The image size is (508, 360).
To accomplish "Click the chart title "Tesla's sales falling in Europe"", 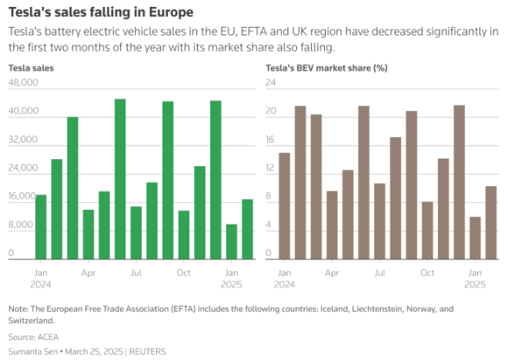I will tap(100, 12).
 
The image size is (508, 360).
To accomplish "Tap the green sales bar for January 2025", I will tap(231, 242).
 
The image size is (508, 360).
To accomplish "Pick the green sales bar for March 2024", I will tap(72, 188).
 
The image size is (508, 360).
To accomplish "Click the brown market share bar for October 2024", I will tap(427, 230).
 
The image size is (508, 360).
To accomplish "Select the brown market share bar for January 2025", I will tap(475, 238).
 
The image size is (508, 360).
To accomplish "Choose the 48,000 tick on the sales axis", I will tap(23, 83).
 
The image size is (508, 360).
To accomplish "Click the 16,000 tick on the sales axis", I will tap(23, 197).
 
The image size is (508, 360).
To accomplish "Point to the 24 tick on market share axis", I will tap(271, 83).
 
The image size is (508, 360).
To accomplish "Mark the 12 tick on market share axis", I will tap(271, 168).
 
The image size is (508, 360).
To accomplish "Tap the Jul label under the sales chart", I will tap(135, 273).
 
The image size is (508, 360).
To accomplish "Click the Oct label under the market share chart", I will tap(427, 273).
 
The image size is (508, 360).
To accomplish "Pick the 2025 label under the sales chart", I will tap(231, 284).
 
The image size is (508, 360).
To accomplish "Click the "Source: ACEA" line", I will tap(33, 337).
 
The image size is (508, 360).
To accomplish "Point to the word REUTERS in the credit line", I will tap(148, 351).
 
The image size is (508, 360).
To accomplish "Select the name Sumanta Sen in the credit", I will tap(32, 351).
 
